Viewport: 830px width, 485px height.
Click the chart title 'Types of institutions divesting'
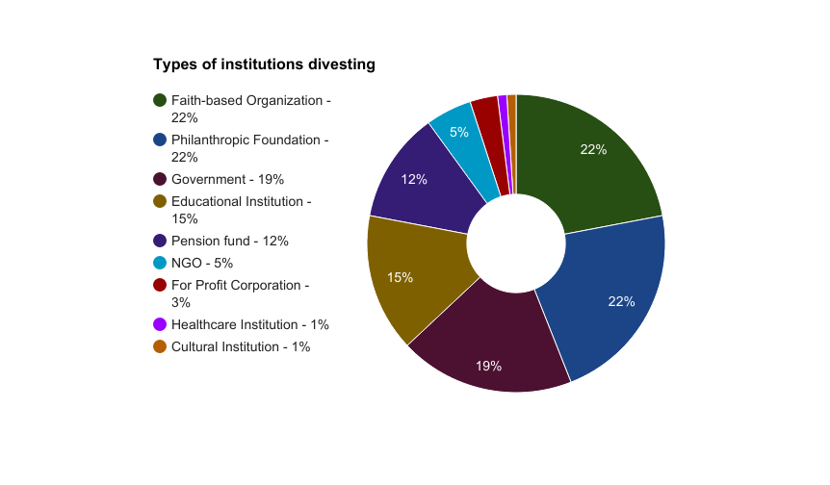tap(264, 64)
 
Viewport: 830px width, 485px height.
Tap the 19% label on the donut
tap(488, 366)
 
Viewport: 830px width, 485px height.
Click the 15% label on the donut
tap(401, 277)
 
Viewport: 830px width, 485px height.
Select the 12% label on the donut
tap(414, 179)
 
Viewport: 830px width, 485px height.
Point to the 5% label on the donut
tap(459, 132)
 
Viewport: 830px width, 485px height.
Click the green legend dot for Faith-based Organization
tap(161, 100)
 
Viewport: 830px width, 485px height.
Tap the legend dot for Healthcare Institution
tap(161, 324)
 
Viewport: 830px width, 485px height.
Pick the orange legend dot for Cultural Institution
tap(161, 346)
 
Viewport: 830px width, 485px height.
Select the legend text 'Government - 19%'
tap(227, 179)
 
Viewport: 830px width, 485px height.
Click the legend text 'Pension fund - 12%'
tap(229, 241)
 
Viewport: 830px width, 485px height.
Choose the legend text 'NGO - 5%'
tap(202, 263)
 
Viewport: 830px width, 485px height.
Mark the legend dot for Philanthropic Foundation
tap(161, 140)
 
